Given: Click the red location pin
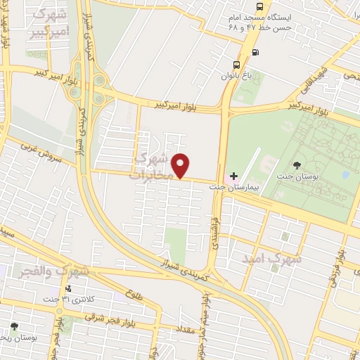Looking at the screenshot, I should pos(181,165).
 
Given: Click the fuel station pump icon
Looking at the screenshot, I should pos(255,51).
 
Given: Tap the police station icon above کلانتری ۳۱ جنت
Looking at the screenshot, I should pos(67,288).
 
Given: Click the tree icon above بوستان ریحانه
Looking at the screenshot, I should pos(14,326).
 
